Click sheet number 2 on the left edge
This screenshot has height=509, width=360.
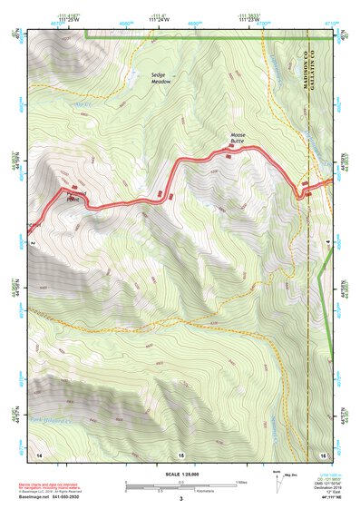(x=32, y=243)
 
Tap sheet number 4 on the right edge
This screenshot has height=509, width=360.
(x=329, y=243)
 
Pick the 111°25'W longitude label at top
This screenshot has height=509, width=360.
(x=67, y=22)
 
